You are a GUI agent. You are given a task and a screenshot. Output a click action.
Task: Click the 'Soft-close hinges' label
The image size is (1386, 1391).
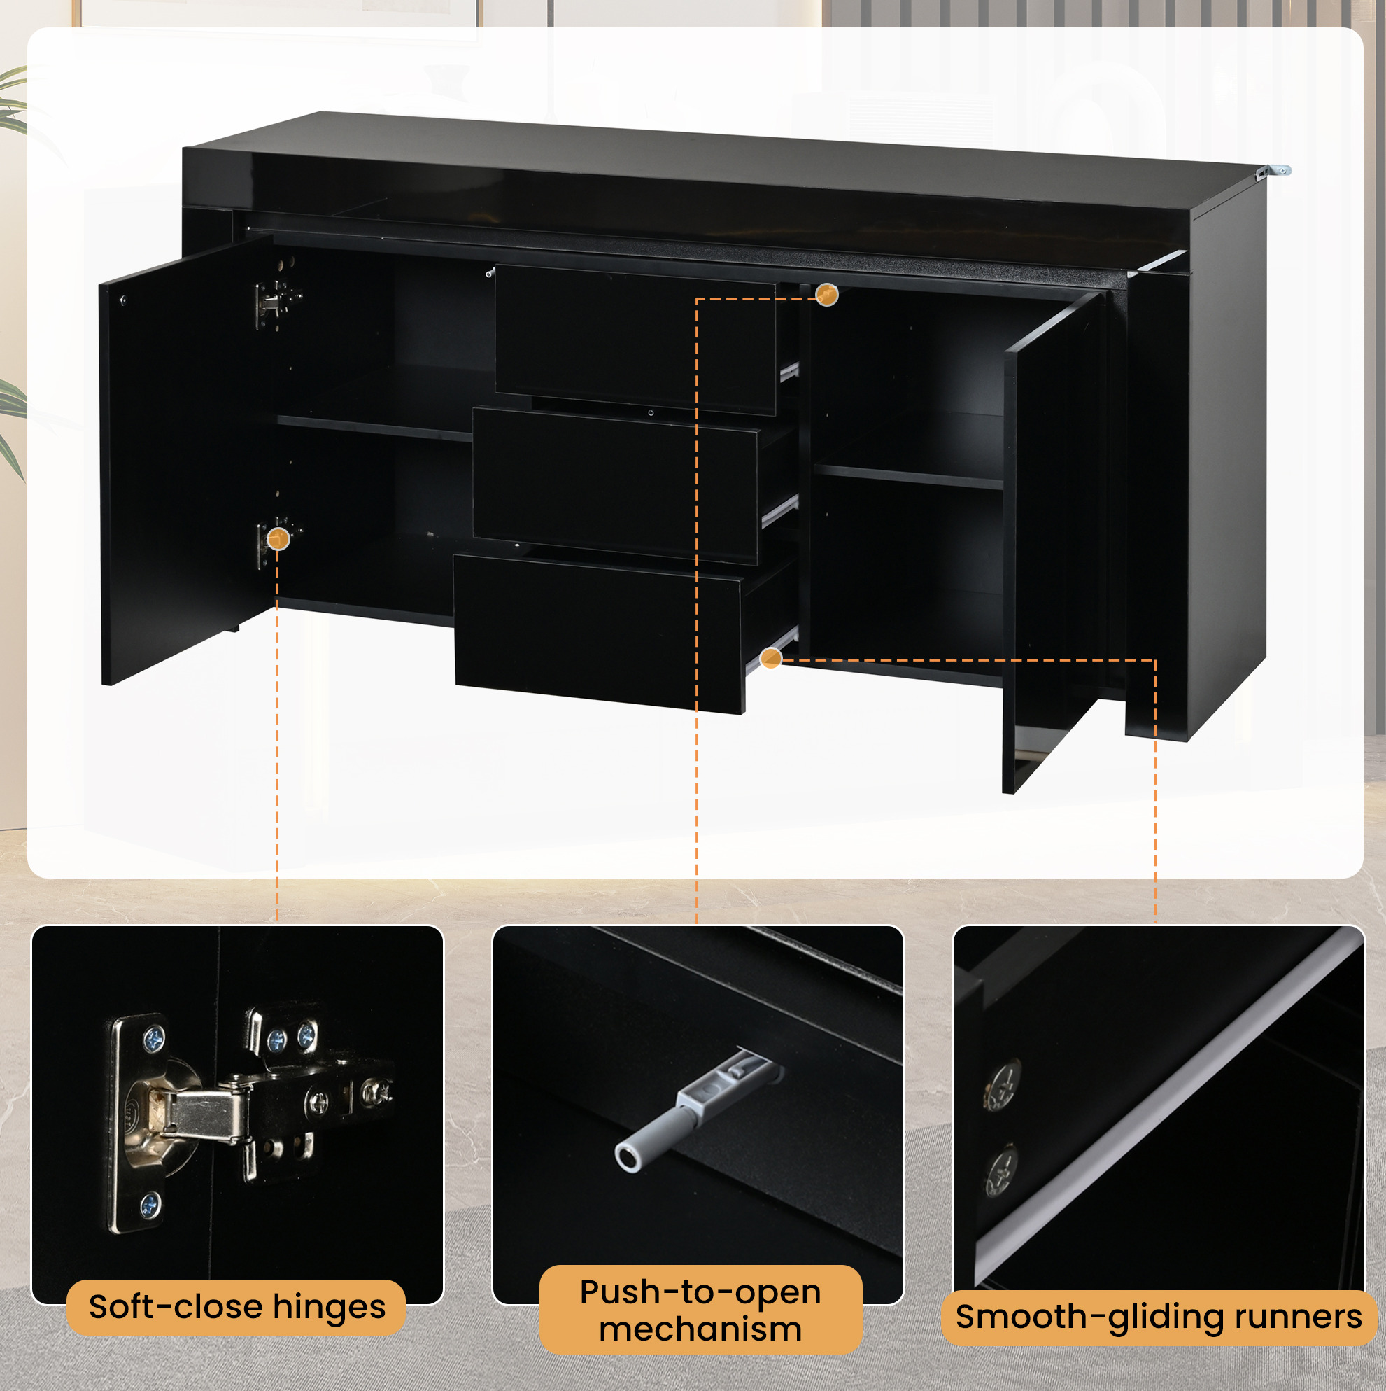coord(236,1307)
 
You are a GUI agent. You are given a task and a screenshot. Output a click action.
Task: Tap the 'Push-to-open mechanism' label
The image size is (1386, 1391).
coord(700,1310)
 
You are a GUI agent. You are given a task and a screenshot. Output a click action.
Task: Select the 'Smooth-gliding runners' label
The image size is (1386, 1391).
coord(1159,1317)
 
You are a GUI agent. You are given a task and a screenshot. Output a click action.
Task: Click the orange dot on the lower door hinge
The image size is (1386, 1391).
coord(278,538)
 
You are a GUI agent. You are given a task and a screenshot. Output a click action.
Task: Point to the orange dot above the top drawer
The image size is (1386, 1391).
coord(827,295)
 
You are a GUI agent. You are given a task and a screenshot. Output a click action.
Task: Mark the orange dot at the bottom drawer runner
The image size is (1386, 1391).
coord(771,657)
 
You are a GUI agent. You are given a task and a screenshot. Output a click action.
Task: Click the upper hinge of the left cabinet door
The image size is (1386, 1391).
coord(278,301)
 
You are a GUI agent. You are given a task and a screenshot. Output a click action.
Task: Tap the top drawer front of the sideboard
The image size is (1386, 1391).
coord(636,340)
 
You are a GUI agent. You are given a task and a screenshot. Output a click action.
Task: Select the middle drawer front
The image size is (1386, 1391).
coord(615,484)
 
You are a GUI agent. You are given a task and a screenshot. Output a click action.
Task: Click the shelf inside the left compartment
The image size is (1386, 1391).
coord(374,428)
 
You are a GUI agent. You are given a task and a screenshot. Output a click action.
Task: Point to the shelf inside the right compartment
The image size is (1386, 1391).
coord(909,477)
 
